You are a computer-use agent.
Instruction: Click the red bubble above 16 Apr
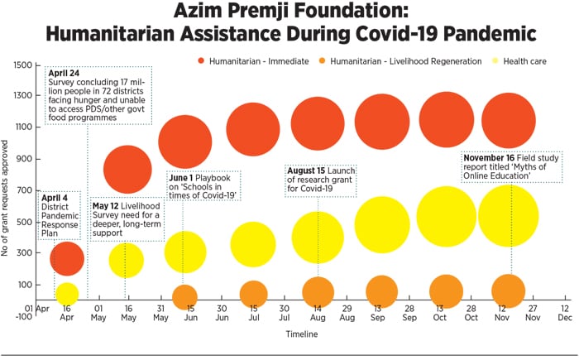pos(67,258)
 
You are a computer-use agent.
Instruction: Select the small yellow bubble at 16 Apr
pos(67,293)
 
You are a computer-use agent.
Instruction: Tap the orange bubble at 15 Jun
pos(184,295)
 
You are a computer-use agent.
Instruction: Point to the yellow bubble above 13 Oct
pos(447,216)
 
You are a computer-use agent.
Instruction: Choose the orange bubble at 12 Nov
pos(508,290)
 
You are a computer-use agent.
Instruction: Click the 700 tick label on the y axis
pos(24,190)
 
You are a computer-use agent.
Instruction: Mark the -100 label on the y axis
pos(22,317)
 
